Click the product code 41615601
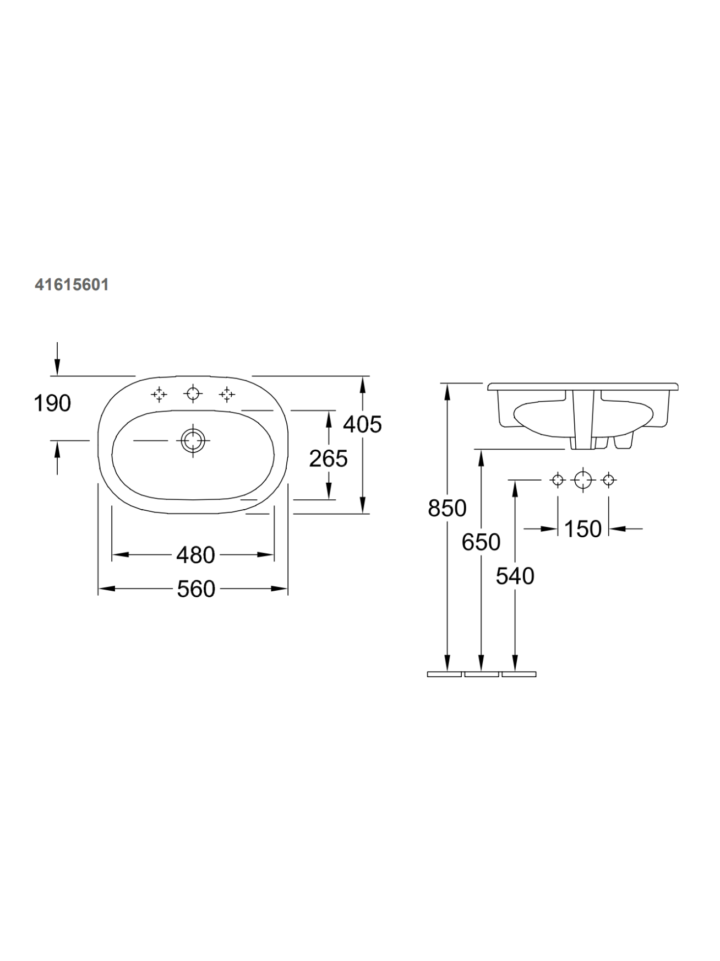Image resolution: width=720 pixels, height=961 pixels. (72, 284)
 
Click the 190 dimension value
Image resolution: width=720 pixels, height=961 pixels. (52, 403)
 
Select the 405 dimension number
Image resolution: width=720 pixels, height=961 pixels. (362, 424)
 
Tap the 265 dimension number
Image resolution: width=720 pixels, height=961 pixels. (328, 458)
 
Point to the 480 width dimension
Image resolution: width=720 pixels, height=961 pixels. (195, 555)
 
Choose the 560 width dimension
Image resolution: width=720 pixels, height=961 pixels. (196, 589)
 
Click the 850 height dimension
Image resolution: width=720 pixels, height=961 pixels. (447, 508)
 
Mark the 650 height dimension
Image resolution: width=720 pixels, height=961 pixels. (481, 542)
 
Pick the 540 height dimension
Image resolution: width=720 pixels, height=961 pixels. (515, 576)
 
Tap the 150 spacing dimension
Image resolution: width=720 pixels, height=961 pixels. (583, 529)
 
